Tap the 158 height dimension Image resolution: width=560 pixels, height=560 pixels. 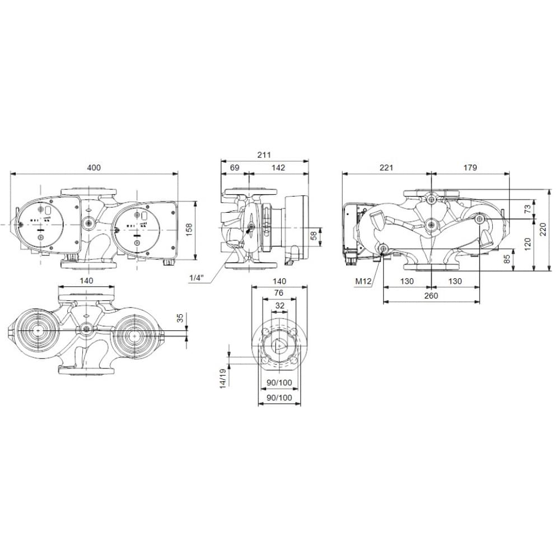coord(189,229)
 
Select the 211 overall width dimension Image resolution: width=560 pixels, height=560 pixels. coord(264,155)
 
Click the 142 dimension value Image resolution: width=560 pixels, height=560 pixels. coord(278,167)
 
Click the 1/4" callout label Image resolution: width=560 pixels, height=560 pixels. coord(197,278)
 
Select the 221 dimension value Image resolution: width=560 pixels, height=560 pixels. coord(386,167)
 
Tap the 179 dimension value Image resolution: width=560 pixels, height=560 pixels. coord(470,167)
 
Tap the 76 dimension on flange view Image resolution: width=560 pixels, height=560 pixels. coord(278,293)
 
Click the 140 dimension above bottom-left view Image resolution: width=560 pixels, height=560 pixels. coord(86,281)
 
